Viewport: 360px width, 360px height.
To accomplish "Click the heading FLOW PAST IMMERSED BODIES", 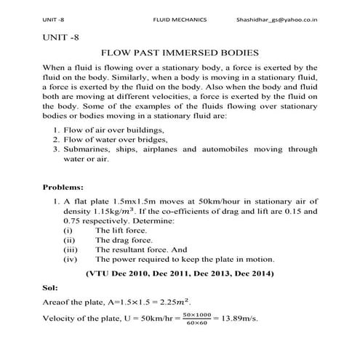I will [180, 54].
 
